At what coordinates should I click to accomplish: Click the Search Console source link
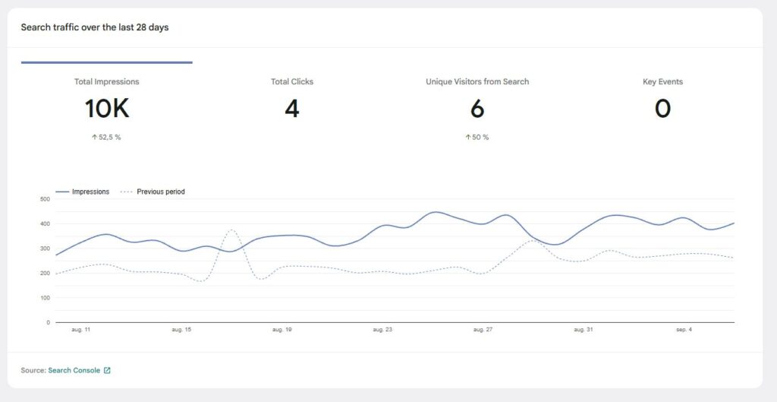pos(74,370)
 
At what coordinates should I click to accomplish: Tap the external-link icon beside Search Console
pos(107,370)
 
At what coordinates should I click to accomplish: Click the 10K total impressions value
pos(106,109)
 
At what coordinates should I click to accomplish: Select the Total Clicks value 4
pos(292,109)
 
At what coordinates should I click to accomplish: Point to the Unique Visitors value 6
pos(477,109)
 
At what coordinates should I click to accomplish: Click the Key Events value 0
pos(662,109)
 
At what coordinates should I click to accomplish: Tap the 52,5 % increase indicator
pos(106,138)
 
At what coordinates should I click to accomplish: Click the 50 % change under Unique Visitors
pos(477,138)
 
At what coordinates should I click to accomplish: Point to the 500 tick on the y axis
pos(44,199)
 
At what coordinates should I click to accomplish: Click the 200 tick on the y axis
pos(44,273)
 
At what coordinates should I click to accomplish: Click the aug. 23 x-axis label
pos(382,330)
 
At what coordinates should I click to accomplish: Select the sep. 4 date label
pos(683,330)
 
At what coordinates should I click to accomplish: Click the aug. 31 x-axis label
pos(584,330)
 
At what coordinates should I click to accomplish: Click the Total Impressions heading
pos(106,81)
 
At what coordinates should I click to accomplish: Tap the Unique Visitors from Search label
pos(477,81)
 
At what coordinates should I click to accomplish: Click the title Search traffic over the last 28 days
pos(95,27)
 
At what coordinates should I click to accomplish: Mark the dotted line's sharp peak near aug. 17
pos(232,229)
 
